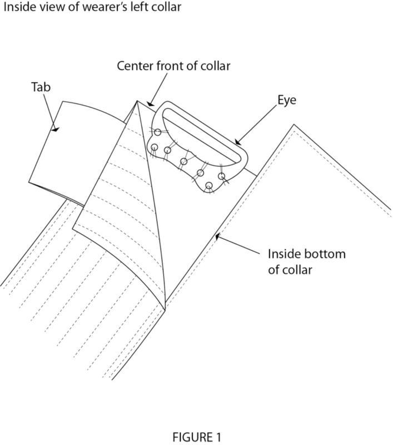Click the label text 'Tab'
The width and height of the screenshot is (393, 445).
pyautogui.click(x=41, y=87)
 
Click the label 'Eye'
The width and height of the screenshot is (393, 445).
pyautogui.click(x=287, y=101)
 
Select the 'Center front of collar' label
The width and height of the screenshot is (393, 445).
pyautogui.click(x=173, y=66)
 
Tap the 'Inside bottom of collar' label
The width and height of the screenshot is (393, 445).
pyautogui.click(x=306, y=261)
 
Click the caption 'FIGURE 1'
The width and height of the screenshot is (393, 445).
pyautogui.click(x=196, y=437)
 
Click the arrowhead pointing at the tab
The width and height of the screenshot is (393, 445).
pyautogui.click(x=55, y=129)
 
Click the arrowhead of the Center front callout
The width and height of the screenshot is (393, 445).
pyautogui.click(x=150, y=103)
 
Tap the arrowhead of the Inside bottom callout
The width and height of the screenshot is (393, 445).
pyautogui.click(x=218, y=236)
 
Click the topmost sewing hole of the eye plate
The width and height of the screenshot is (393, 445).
pyautogui.click(x=158, y=132)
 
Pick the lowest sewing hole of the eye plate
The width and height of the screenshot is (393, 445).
pyautogui.click(x=209, y=186)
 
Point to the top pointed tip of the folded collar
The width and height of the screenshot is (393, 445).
pyautogui.click(x=137, y=101)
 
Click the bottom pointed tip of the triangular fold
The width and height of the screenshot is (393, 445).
pyautogui.click(x=165, y=309)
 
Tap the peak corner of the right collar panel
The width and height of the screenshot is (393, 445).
pyautogui.click(x=293, y=124)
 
